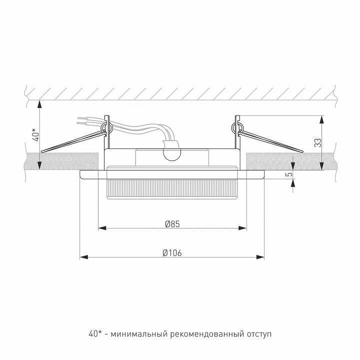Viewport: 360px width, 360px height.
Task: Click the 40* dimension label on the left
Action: [x=35, y=134]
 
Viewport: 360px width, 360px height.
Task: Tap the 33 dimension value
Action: [x=318, y=142]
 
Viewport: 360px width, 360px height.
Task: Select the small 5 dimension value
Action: [x=290, y=174]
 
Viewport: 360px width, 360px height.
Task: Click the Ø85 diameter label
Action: [x=172, y=224]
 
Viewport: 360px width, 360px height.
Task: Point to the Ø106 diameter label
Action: [x=172, y=253]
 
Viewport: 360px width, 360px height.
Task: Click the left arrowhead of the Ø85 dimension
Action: [x=102, y=228]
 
